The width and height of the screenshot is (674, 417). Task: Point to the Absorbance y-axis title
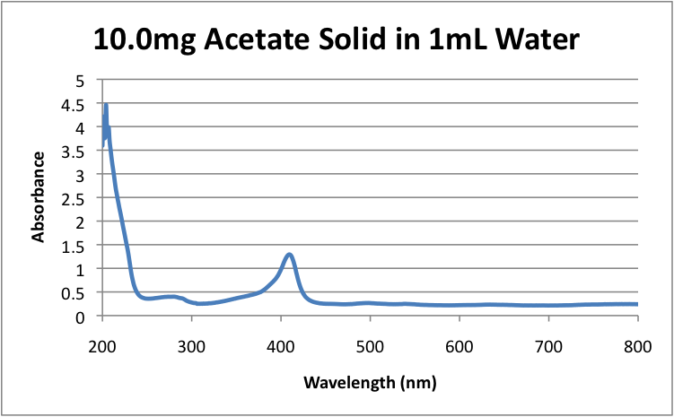39,197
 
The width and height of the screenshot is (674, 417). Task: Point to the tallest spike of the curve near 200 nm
106,106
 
